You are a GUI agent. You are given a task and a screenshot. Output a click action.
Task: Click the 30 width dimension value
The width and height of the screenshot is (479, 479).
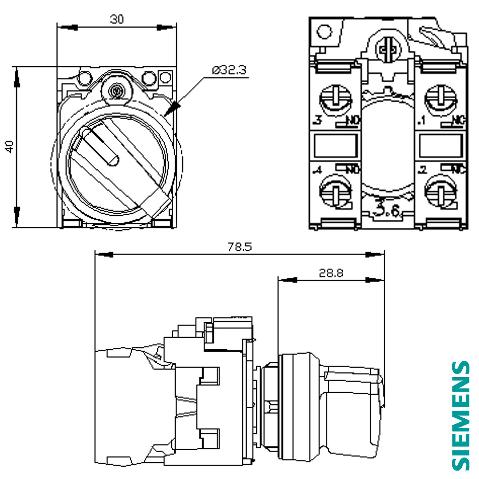coord(117,19)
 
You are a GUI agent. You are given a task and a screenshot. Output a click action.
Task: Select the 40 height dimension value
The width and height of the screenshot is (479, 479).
coord(10,146)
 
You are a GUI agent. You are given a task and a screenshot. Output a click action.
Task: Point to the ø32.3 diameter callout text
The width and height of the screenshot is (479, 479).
coord(230,70)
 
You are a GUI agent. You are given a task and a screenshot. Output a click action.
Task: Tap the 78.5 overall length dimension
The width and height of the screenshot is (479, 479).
coord(240,247)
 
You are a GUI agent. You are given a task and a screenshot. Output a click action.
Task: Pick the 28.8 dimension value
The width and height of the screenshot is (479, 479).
coord(331,273)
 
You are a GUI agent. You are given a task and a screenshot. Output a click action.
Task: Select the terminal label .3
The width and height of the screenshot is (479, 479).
coord(318,120)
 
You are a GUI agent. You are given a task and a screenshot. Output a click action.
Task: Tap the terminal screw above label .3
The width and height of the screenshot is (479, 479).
coord(336,97)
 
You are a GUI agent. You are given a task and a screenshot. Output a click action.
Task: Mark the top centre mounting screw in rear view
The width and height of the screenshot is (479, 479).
coord(388,49)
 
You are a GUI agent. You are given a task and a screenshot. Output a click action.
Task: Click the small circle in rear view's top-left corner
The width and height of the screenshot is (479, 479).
coord(324,31)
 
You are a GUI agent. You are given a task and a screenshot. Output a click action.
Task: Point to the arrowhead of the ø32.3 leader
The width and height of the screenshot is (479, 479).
coord(174,108)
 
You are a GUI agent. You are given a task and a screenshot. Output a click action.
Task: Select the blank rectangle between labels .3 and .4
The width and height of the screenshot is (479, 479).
coord(335,146)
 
